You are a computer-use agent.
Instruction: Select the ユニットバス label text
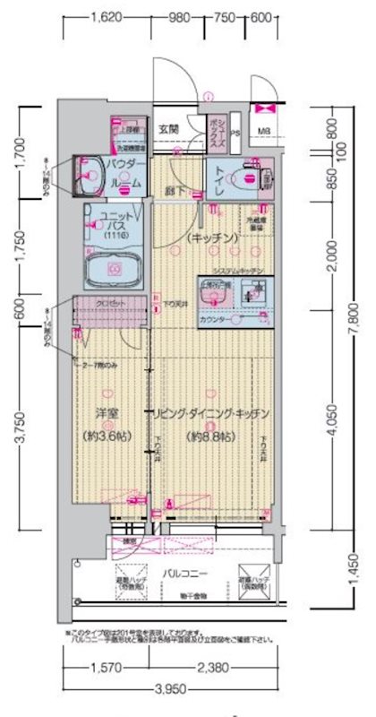[x=117, y=223]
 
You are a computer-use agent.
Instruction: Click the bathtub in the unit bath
[x=115, y=267]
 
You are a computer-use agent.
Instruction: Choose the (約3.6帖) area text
[x=107, y=436]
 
